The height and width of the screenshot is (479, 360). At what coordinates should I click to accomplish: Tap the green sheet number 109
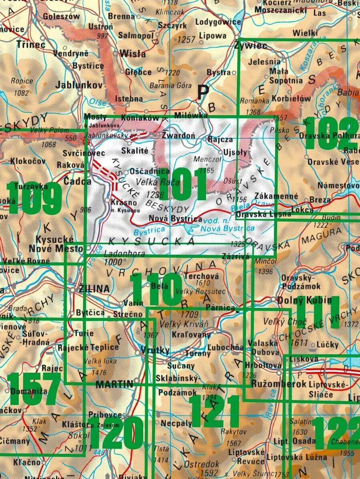[x=34, y=198]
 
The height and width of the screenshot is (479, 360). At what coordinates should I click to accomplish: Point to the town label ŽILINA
[x=94, y=289]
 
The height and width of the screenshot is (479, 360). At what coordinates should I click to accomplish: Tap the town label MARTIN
[x=114, y=384]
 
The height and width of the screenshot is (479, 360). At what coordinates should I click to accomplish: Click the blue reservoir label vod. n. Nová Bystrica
[x=228, y=225]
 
